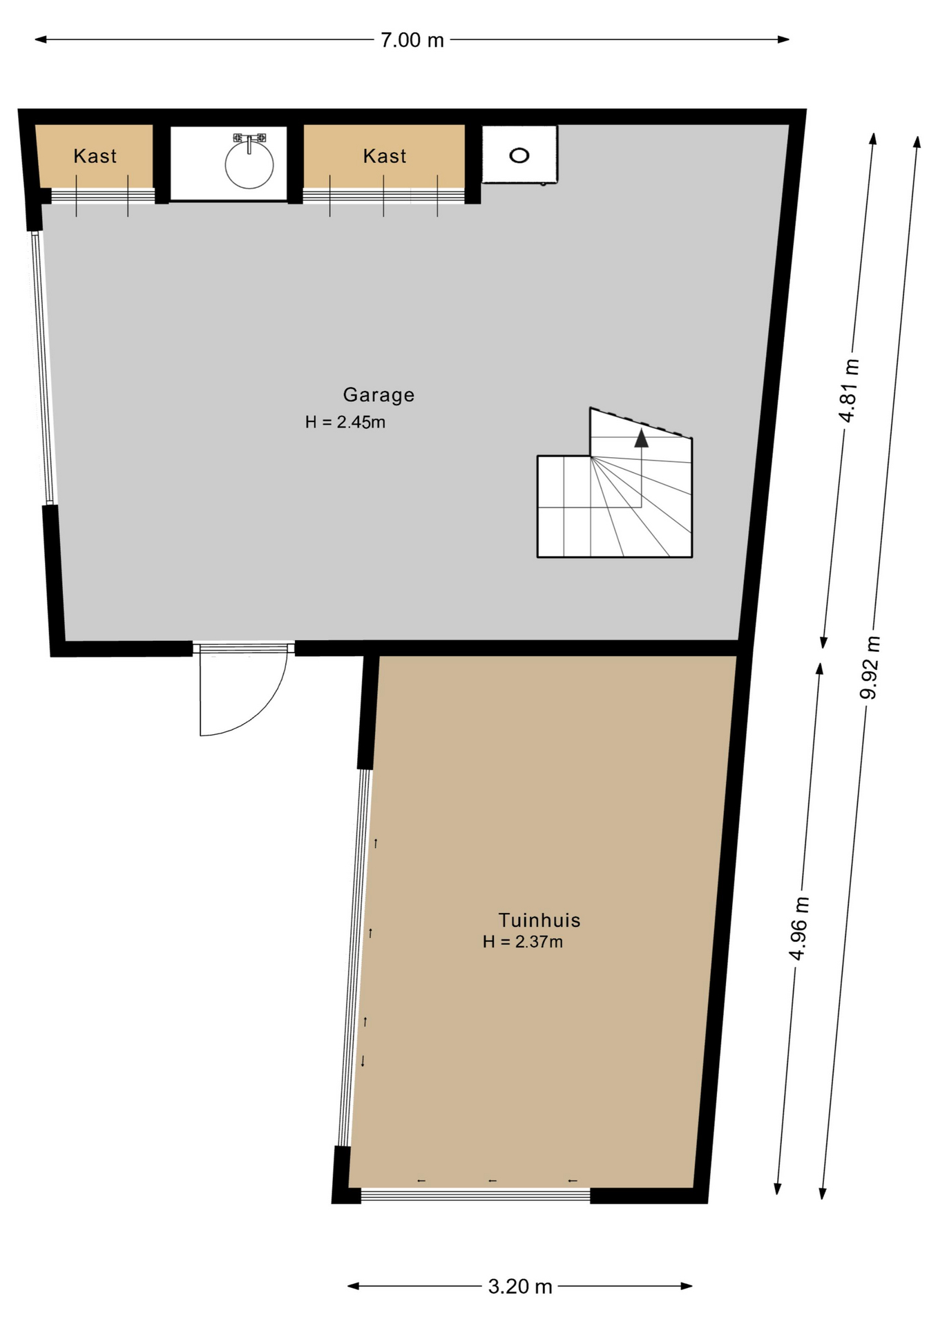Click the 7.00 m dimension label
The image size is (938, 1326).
(412, 40)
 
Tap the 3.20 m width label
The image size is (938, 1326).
(520, 1287)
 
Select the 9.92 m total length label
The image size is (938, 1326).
(870, 667)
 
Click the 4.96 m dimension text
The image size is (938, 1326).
(799, 928)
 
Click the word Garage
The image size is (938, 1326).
(379, 395)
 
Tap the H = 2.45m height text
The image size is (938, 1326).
(345, 422)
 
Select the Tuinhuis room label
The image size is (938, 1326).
(539, 920)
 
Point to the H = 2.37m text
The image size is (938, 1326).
(523, 942)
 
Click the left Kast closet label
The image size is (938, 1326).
(95, 156)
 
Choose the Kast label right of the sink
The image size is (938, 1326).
(385, 156)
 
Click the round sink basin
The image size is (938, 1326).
(249, 165)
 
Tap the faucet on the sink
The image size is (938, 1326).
(249, 142)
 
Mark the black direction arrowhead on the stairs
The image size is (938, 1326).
(642, 438)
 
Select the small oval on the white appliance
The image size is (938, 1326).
(519, 155)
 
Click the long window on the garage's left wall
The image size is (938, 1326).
(42, 367)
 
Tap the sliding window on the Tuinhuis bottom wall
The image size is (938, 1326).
(476, 1195)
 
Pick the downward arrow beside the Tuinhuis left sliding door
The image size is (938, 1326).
(363, 1061)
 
